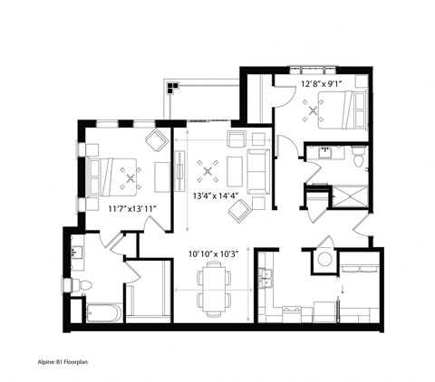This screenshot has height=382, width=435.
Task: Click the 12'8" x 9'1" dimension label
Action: point(321,85)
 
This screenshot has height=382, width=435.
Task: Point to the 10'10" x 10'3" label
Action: point(214,254)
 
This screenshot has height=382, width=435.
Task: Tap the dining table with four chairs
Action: point(215,288)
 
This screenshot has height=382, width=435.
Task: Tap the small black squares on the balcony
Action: point(169,88)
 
